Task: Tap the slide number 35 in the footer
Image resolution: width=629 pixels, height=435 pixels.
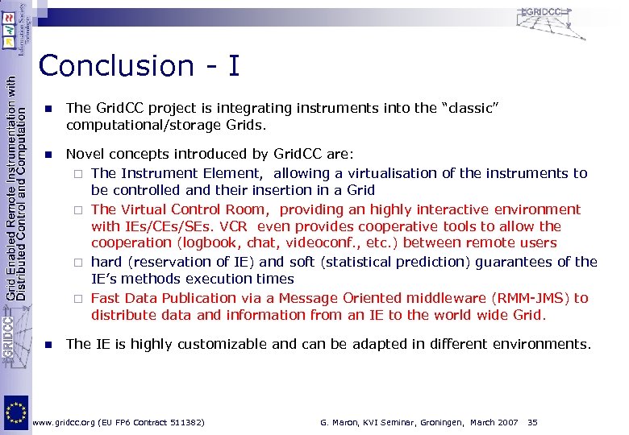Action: click(x=532, y=422)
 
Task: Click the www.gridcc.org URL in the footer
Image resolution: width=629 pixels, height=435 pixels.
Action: click(x=65, y=422)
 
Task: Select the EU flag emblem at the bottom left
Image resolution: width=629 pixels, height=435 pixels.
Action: click(x=15, y=412)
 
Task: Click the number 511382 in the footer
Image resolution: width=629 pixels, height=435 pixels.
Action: click(x=182, y=422)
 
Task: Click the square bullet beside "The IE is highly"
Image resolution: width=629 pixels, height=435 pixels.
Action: click(x=48, y=345)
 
